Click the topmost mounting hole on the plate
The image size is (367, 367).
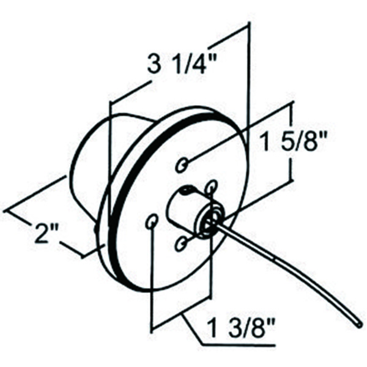click(183, 164)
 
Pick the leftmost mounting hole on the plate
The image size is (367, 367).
click(152, 221)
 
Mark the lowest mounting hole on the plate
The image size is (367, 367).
click(181, 245)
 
